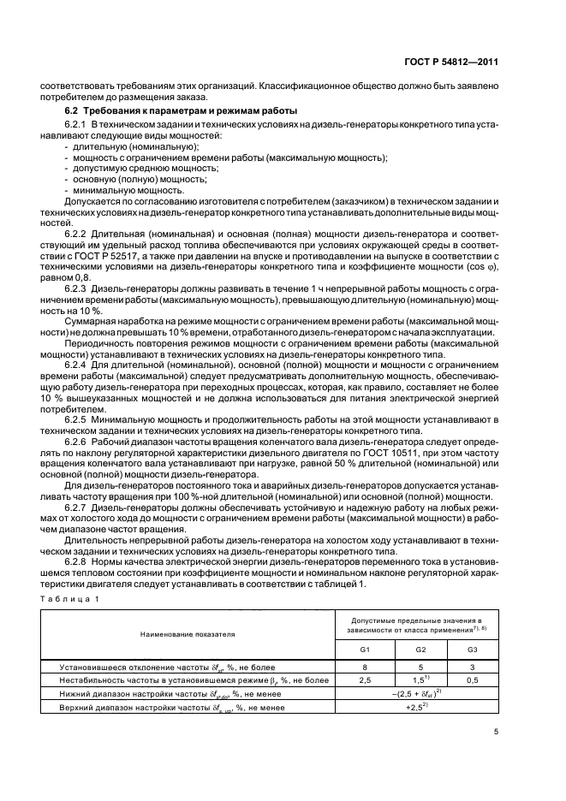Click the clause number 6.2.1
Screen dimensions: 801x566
[x=79, y=127]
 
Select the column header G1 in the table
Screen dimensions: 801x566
[x=364, y=649]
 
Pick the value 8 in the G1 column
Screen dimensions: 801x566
[x=364, y=666]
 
